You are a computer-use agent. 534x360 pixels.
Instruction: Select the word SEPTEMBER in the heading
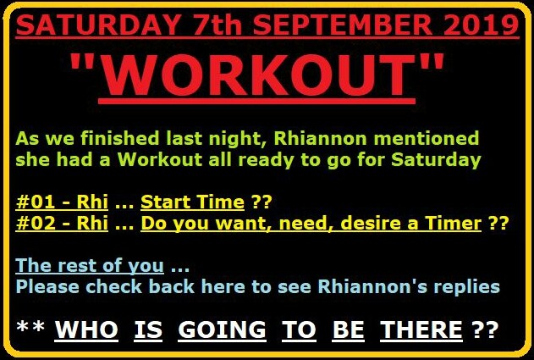tap(343, 25)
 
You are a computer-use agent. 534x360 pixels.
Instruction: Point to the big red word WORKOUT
tap(257, 75)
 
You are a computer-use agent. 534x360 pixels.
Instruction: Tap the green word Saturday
tap(436, 160)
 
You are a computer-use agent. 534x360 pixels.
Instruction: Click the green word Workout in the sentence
tap(160, 159)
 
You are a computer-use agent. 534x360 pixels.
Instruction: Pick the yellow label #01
tap(36, 202)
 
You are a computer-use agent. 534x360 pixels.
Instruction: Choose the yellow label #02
tap(36, 224)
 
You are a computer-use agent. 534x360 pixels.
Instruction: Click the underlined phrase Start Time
tap(192, 202)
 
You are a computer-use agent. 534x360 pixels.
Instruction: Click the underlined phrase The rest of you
tap(90, 266)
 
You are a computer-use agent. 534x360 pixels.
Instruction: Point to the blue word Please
tap(47, 286)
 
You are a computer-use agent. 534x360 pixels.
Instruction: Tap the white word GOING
tap(222, 330)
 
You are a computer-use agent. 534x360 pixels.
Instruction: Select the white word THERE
tap(421, 330)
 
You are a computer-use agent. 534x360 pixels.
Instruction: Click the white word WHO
tap(86, 330)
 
